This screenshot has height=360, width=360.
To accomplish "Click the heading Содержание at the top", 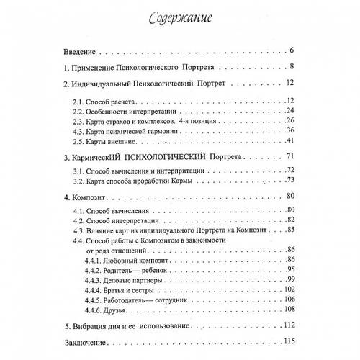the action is coord(179,16).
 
